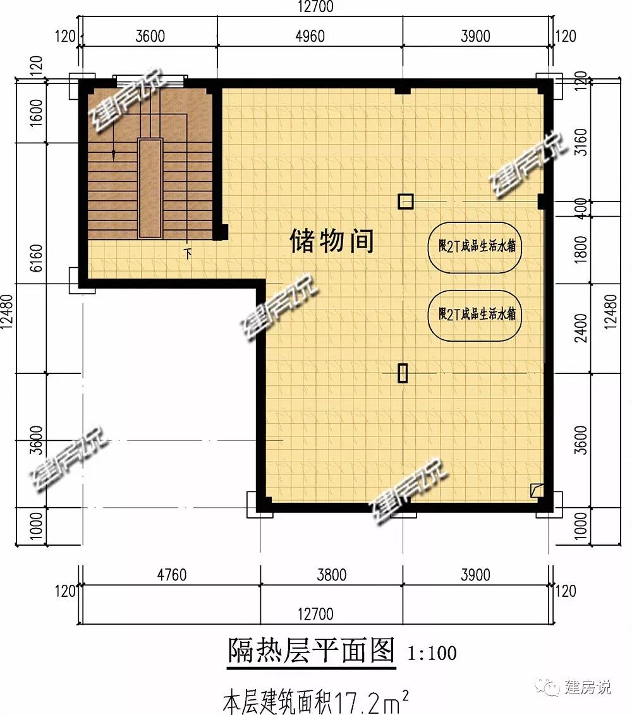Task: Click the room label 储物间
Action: [332, 241]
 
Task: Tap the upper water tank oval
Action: [475, 222]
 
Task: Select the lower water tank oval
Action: [475, 291]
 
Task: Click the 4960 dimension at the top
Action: [310, 36]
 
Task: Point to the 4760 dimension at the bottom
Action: [172, 575]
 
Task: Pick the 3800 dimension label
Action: [332, 575]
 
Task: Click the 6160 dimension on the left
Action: [37, 258]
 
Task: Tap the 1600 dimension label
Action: [37, 112]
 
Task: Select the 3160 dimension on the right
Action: [580, 142]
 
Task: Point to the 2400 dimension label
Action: [580, 328]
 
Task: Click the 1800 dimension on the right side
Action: [580, 249]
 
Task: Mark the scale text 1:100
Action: [432, 653]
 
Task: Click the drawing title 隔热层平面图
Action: [311, 650]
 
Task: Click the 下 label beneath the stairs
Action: [188, 253]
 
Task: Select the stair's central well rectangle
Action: [150, 188]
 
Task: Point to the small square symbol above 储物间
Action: [406, 201]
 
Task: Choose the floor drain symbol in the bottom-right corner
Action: [536, 490]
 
